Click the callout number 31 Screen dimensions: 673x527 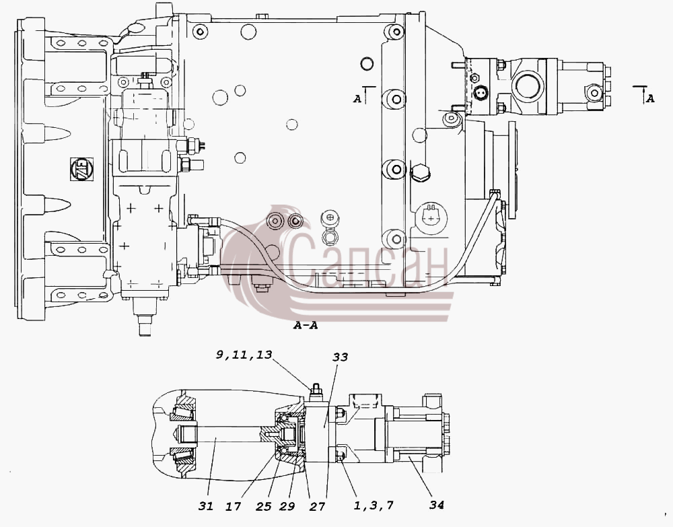pyautogui.click(x=205, y=507)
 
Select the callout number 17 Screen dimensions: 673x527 pyautogui.click(x=233, y=507)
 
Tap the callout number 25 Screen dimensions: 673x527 pyautogui.click(x=263, y=507)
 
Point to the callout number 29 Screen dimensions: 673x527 pyautogui.click(x=287, y=507)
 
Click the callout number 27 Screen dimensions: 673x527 pyautogui.click(x=317, y=507)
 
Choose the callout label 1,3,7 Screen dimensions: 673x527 pyautogui.click(x=373, y=505)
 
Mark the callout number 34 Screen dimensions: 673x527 pyautogui.click(x=437, y=505)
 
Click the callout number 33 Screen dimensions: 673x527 pyautogui.click(x=341, y=357)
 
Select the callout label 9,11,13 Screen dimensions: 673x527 pyautogui.click(x=244, y=355)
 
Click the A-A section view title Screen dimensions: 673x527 pyautogui.click(x=306, y=326)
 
